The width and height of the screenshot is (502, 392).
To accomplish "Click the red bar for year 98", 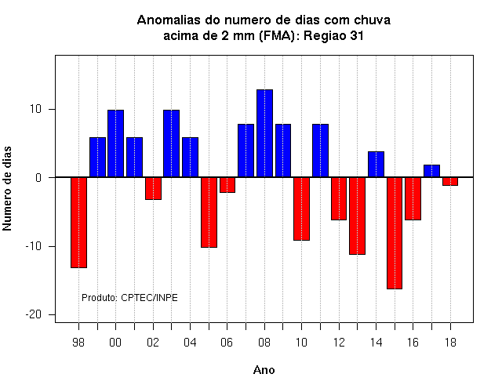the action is (78, 223).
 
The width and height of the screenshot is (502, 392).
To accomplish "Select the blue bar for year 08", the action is (265, 133).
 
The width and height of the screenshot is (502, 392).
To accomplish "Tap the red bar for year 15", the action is (395, 233).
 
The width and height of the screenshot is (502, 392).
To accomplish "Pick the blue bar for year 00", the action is (115, 143).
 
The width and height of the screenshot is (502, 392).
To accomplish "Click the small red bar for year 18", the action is (450, 181).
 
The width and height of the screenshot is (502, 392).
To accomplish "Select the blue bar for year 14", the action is (376, 165).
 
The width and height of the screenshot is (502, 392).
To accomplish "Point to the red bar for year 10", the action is (301, 209).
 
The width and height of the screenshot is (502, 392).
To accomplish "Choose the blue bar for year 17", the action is (431, 171).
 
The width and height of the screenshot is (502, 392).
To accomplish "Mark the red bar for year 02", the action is (153, 188).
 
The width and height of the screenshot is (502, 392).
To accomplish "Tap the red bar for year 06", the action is (227, 185).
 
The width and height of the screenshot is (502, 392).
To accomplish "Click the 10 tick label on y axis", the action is (36, 110).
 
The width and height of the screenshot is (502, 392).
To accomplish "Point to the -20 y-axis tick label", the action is (34, 314).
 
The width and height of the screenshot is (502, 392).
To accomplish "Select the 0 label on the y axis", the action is (38, 178).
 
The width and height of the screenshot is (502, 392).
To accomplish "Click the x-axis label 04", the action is (190, 343).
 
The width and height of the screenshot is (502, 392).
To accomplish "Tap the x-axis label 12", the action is (339, 343).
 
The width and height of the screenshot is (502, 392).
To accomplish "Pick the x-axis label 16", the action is (413, 343).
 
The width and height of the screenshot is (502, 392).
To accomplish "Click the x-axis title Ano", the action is (264, 370).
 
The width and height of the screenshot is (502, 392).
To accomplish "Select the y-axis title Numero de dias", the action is (7, 188).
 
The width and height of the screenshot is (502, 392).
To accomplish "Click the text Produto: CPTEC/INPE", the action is (129, 298).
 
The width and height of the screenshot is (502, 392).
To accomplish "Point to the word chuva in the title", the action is (373, 20).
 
